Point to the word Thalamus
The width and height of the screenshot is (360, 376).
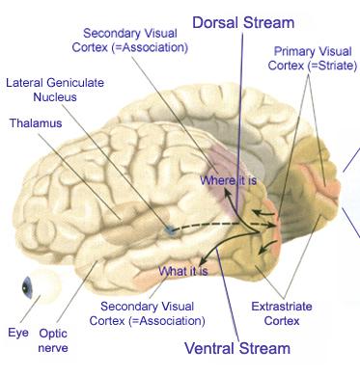(x=36, y=123)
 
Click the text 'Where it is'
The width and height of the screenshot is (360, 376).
(x=228, y=179)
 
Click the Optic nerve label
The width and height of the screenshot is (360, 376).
(x=53, y=338)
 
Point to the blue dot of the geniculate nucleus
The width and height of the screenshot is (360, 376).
(x=169, y=229)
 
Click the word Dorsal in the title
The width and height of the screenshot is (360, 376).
(x=219, y=21)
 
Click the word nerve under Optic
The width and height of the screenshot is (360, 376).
(x=53, y=347)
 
